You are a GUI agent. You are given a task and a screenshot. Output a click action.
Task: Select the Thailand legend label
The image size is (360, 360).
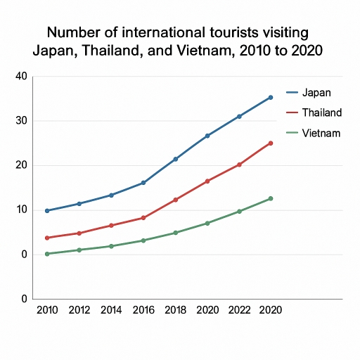tap(321, 112)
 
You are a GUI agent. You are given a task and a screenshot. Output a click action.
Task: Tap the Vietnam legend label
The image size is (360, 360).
tap(321, 133)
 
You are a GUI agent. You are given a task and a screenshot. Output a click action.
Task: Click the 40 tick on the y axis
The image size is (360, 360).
tap(20, 76)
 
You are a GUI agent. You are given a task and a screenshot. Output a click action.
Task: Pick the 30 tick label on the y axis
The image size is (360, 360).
tap(20, 121)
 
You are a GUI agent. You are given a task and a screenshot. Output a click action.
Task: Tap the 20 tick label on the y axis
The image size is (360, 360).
tap(20, 165)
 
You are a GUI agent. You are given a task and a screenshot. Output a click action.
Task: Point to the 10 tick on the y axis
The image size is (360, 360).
tap(20, 210)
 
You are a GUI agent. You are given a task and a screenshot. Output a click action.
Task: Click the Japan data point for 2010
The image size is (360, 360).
tap(47, 211)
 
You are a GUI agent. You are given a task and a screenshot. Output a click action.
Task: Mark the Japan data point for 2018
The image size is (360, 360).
tap(175, 159)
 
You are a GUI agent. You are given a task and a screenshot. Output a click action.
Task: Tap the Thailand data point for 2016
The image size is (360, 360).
tap(143, 218)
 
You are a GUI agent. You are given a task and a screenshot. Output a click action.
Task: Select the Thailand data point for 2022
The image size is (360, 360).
tap(239, 165)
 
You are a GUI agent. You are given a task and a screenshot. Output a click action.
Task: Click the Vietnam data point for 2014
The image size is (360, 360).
tap(111, 246)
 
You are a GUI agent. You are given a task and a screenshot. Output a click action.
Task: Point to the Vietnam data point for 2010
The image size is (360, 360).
tap(47, 254)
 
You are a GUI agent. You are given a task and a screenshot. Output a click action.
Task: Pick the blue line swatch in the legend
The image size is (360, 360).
tap(293, 92)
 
